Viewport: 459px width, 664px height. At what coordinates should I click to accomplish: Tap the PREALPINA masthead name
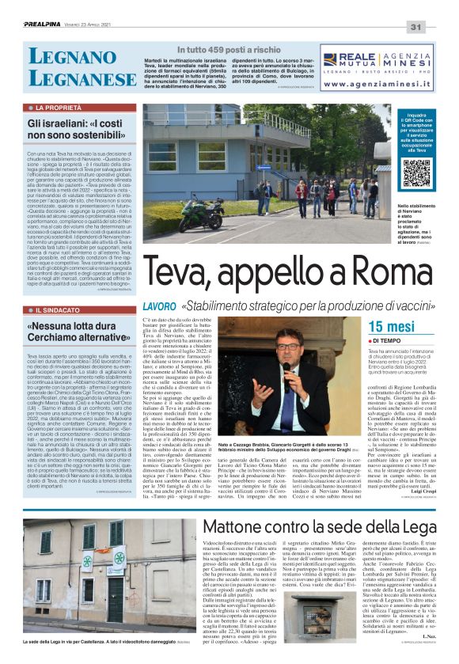47,25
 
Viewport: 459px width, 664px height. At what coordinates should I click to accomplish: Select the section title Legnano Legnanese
82,68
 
